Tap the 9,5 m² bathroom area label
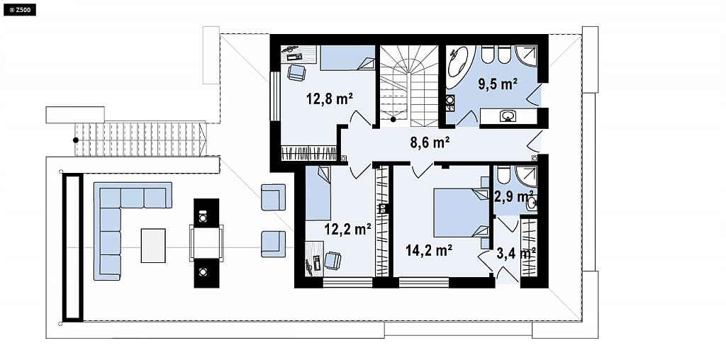(x=498, y=84)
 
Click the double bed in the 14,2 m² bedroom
(x=462, y=213)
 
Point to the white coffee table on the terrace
(x=153, y=245)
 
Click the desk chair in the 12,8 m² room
(x=296, y=72)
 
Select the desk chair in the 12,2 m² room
(x=333, y=260)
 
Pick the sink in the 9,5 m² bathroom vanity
(x=508, y=116)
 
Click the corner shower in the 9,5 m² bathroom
(x=527, y=57)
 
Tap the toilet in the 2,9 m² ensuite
(x=503, y=175)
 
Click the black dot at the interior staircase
(x=393, y=119)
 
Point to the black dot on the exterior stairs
(x=75, y=140)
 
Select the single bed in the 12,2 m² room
(x=318, y=193)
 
